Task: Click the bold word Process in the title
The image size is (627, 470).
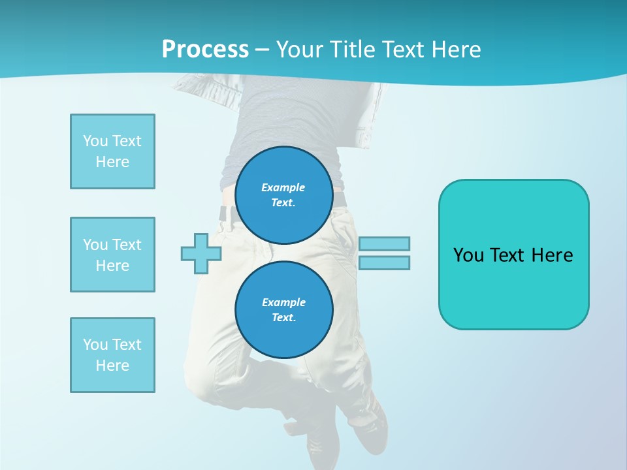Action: tap(205, 50)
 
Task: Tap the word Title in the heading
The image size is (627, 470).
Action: tap(352, 50)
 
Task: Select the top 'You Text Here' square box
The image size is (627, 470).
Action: tap(112, 151)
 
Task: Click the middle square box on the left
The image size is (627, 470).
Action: tap(112, 255)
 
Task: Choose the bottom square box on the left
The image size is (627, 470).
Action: tap(112, 355)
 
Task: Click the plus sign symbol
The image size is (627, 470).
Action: tap(201, 253)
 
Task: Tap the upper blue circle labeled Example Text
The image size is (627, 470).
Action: tap(283, 195)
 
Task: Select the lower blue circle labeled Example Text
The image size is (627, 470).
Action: tap(283, 310)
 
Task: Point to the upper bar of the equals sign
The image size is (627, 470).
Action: tap(384, 243)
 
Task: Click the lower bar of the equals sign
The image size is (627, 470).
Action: tap(384, 262)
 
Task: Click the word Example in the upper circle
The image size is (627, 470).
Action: tap(283, 187)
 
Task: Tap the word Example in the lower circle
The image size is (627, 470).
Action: tap(283, 302)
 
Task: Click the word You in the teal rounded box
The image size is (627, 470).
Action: tap(468, 255)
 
